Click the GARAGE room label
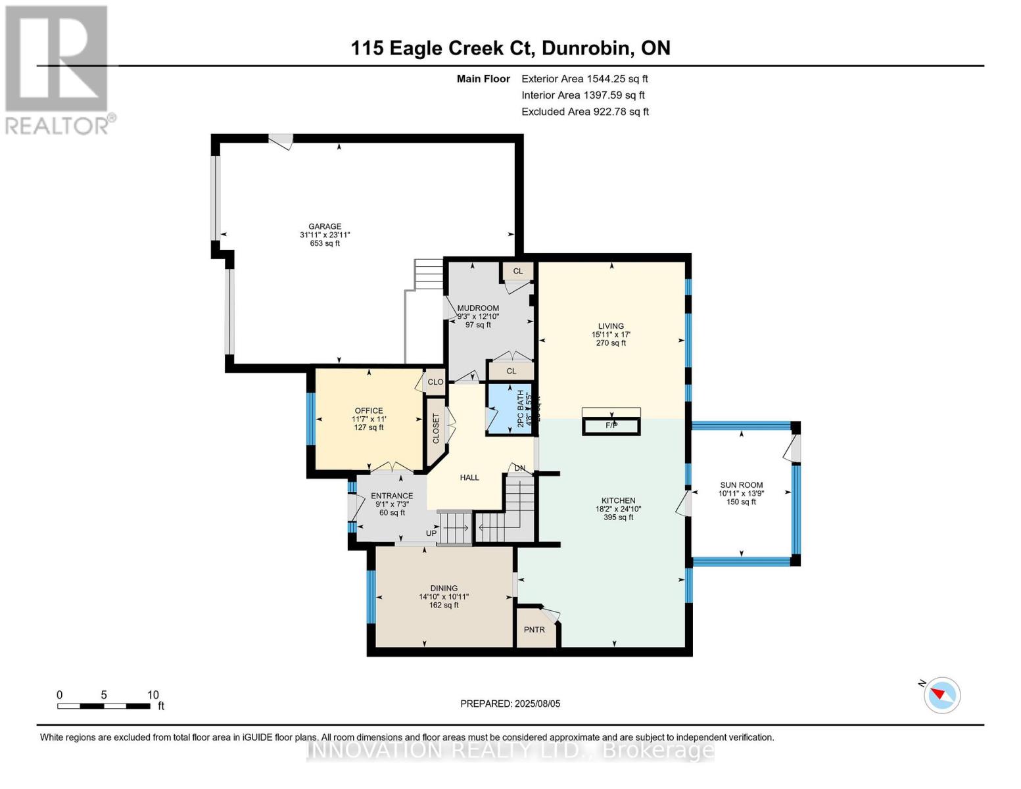click(x=325, y=227)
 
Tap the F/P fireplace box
click(x=611, y=425)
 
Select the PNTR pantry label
click(x=534, y=630)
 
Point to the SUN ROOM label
click(x=741, y=485)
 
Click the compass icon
click(x=941, y=695)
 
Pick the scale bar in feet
click(x=104, y=706)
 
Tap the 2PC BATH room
click(x=510, y=409)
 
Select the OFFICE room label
click(x=369, y=411)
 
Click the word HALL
click(x=469, y=478)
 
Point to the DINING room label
click(x=444, y=588)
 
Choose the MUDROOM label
click(x=478, y=308)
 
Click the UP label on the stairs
click(x=431, y=533)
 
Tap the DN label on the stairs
click(x=520, y=469)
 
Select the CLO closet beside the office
click(x=435, y=382)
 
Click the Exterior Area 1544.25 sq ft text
click(x=584, y=79)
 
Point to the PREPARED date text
click(x=510, y=704)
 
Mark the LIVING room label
click(x=611, y=326)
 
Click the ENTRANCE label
click(x=392, y=496)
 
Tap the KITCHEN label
click(x=618, y=501)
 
